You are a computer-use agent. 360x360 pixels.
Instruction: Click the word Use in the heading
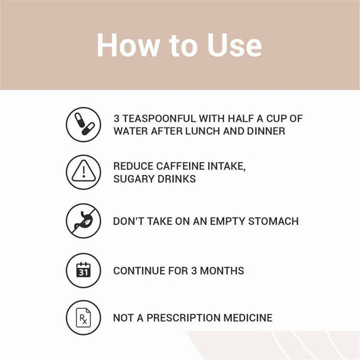[x=234, y=45]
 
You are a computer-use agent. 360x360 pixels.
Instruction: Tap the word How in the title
[x=128, y=45]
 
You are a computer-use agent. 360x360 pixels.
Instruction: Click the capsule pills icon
[x=84, y=125]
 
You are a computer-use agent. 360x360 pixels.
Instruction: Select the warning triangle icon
[x=84, y=172]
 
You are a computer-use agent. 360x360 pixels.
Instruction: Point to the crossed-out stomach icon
[x=84, y=221]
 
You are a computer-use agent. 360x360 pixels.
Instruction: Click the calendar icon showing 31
[x=84, y=270]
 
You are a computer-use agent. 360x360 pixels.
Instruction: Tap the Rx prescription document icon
[x=84, y=317]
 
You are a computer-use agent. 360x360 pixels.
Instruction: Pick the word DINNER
[x=266, y=131]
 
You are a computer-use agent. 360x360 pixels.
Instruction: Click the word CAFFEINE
[x=180, y=166]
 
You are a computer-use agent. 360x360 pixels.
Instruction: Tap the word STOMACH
[x=274, y=222]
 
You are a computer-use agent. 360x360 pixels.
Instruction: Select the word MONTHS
[x=222, y=271]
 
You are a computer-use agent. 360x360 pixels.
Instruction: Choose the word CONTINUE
[x=139, y=271]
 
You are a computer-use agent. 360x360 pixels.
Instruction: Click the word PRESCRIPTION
[x=183, y=318]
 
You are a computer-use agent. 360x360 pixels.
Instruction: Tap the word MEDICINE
[x=248, y=318]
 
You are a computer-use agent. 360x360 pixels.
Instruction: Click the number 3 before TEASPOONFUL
[x=117, y=119]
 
